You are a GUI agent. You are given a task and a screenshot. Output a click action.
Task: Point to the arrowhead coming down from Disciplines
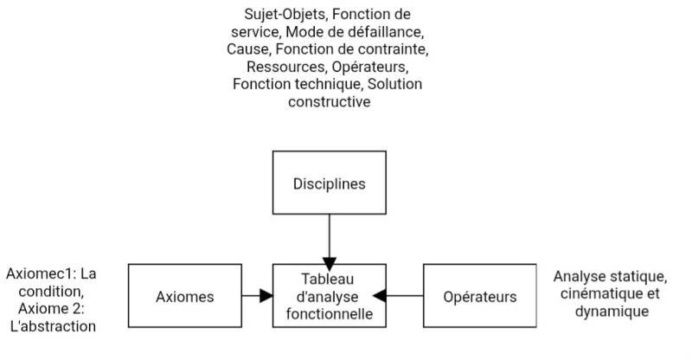click(x=330, y=264)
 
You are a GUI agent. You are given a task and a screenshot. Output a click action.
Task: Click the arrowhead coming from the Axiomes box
click(x=266, y=295)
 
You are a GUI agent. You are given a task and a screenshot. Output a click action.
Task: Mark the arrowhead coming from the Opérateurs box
click(x=380, y=295)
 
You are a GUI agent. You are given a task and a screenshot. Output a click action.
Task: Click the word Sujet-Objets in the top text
click(x=285, y=14)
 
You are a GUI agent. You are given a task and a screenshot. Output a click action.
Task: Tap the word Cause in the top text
click(x=248, y=49)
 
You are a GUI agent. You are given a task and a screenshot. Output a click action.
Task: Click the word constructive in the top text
click(x=330, y=101)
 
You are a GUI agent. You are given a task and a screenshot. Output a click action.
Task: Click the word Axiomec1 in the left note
click(x=41, y=273)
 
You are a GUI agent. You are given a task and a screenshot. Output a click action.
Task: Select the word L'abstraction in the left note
click(x=53, y=326)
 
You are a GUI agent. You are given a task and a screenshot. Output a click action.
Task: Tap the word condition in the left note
click(x=51, y=292)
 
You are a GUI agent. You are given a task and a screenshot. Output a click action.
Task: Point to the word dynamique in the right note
click(x=612, y=312)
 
